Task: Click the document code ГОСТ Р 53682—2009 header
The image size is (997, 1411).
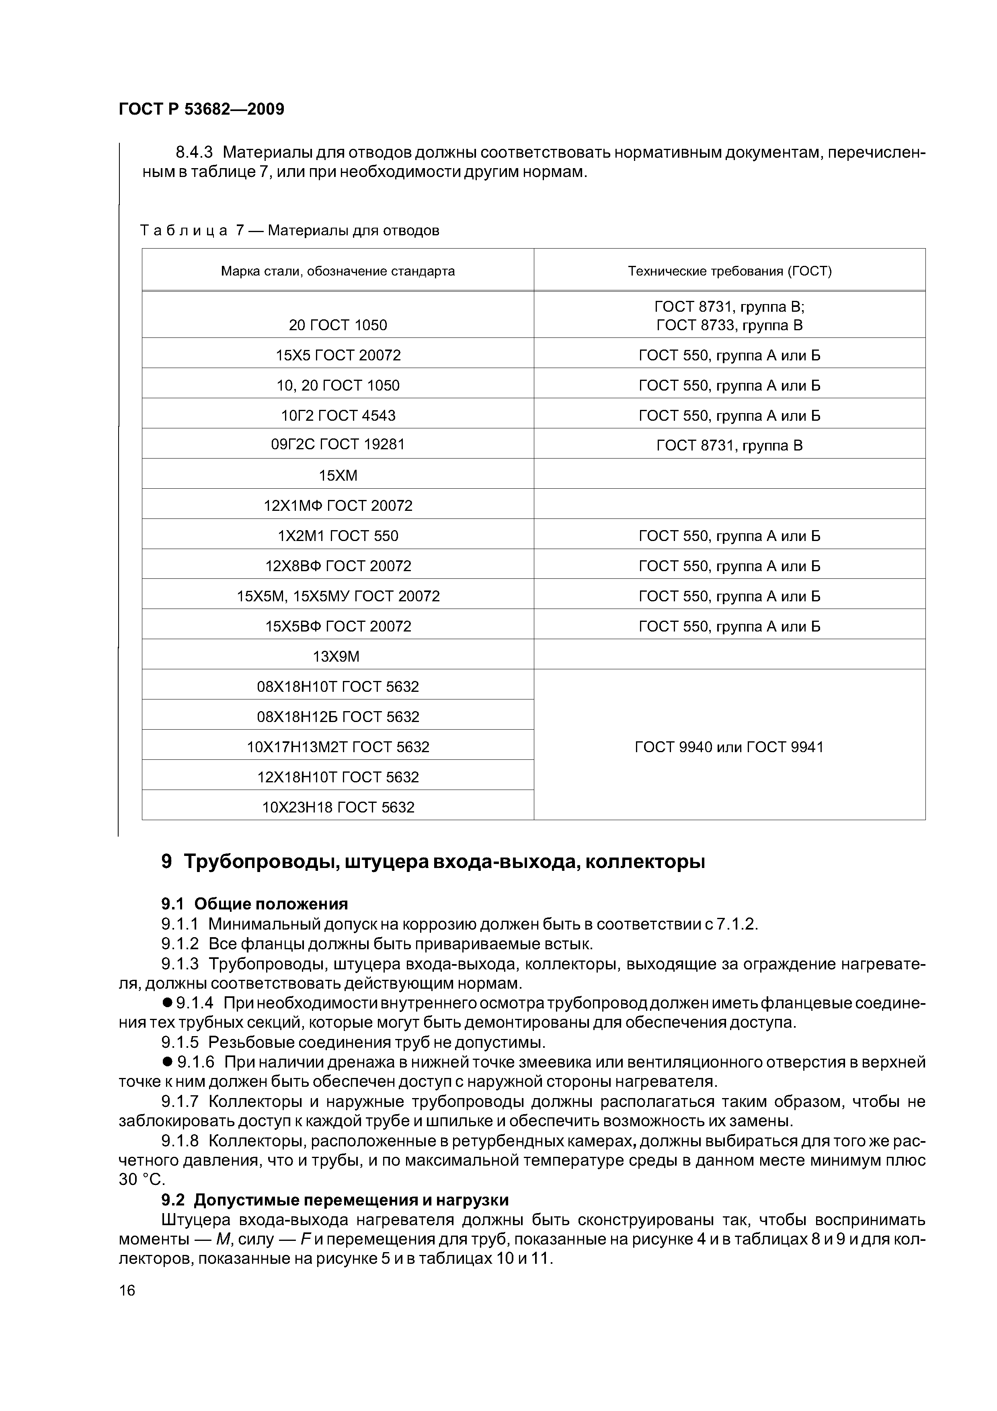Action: tap(201, 109)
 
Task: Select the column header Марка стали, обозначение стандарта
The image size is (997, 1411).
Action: tap(338, 271)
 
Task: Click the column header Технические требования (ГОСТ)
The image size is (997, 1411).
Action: tap(729, 271)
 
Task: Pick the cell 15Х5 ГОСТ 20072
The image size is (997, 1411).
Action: tap(338, 355)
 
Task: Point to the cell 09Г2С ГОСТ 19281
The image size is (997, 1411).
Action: tap(338, 444)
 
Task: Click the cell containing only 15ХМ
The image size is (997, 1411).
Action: tap(338, 475)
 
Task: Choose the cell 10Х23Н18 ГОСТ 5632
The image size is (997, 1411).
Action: tap(338, 807)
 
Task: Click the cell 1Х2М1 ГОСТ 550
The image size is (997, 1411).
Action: tap(338, 535)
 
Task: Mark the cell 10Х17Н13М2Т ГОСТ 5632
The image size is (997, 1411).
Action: tap(338, 747)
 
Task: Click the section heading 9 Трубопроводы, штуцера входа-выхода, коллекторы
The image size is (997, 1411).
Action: tap(433, 862)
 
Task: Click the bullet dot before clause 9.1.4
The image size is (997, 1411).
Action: tap(166, 1003)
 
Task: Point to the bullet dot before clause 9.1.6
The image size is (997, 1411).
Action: tap(166, 1062)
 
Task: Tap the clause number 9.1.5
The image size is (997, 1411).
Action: tap(180, 1042)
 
